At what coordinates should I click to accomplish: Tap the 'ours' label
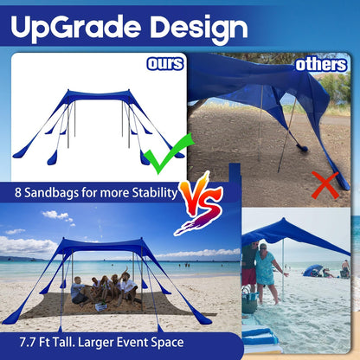tap(164, 64)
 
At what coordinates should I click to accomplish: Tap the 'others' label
tap(320, 64)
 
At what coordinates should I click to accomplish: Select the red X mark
tap(325, 183)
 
